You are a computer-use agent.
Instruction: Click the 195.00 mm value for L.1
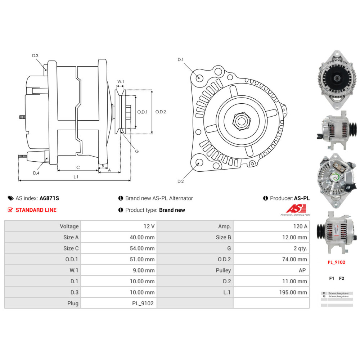coord(293,292)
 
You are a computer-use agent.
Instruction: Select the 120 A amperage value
coord(300,226)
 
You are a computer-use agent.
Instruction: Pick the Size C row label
coord(71,248)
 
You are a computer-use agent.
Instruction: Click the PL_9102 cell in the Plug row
coord(143,303)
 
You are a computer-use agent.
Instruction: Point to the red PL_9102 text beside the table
coord(336,262)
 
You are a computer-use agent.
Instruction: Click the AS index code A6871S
coord(49,198)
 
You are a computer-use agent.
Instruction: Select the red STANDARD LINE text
coord(36,210)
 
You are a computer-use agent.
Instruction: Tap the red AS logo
coord(296,208)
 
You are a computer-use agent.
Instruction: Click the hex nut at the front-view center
coord(241,122)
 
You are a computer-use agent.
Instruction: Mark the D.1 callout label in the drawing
coord(181,60)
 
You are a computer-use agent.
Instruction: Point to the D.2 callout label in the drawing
coord(181,181)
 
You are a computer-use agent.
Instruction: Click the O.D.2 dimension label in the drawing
coord(161,112)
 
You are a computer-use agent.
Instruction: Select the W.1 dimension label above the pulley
coord(121,82)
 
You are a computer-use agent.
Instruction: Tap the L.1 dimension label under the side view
coord(76,177)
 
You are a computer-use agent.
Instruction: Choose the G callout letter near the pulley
coord(137,152)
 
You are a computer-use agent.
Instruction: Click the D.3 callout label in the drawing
coord(35,55)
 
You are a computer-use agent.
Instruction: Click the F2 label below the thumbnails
coord(342,278)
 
